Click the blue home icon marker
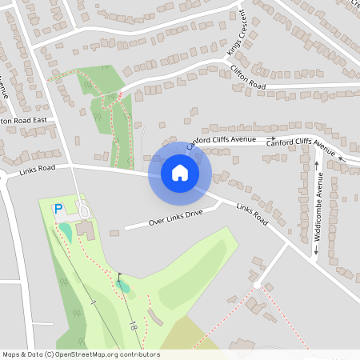180,172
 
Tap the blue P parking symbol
58,209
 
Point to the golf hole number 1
94,302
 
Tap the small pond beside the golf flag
122,284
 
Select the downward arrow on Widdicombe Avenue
318,251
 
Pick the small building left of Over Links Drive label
114,233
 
